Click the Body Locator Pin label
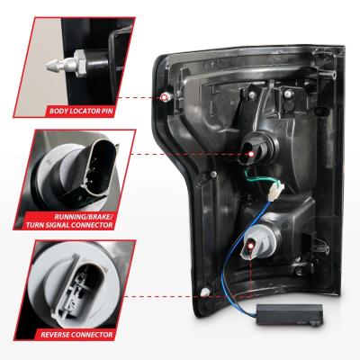coord(81,112)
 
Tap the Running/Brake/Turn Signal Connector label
coord(69,220)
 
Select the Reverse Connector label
coord(76,335)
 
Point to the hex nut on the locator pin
coord(79,63)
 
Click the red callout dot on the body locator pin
coord(164,97)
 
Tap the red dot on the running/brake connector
coord(251,154)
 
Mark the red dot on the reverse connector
coord(250,246)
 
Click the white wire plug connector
coord(276,192)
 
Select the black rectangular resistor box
coord(290,314)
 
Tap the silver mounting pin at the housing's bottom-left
coord(205,292)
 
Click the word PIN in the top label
coord(106,112)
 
